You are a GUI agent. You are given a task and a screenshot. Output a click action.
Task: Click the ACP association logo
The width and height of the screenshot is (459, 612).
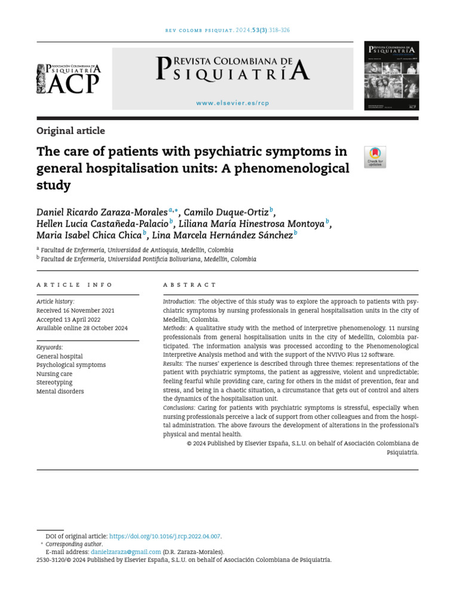pos(69,79)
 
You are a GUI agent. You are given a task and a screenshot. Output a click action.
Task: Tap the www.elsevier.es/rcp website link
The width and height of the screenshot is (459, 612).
pos(232,103)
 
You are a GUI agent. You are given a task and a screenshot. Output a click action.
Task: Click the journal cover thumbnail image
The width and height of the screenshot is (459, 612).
pos(391,76)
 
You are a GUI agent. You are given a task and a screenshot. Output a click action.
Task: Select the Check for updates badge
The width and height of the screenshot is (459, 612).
pos(375,157)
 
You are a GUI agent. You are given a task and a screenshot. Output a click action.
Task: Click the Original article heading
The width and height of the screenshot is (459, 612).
pos(71,131)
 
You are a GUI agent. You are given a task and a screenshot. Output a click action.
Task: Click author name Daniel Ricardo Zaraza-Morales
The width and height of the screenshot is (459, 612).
pos(102,212)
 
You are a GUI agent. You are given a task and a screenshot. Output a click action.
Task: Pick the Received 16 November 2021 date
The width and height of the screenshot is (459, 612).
pos(75,311)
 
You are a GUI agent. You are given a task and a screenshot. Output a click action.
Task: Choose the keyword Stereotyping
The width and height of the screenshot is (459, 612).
pos(54,382)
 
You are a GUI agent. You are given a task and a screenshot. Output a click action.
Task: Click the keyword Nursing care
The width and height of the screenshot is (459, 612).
pos(54,374)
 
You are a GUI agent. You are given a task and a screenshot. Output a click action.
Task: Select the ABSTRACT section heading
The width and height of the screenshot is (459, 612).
pos(189,285)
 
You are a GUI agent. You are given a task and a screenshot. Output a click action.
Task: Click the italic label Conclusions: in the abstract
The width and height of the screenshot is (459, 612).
pos(179,408)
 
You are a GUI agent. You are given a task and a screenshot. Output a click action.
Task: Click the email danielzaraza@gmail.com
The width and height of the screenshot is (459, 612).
pos(126,552)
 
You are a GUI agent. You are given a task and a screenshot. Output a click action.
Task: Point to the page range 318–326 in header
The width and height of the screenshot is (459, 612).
pos(279,30)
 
